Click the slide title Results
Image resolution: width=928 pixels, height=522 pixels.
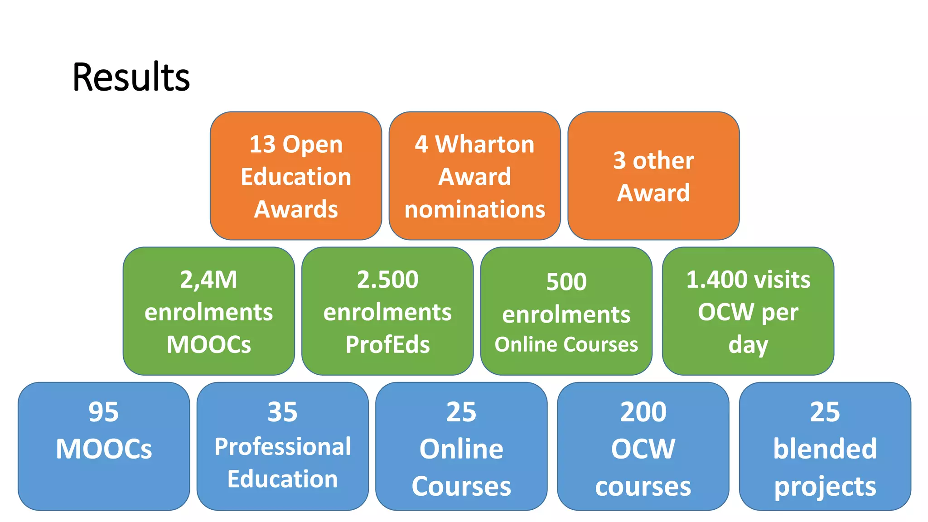pos(131,77)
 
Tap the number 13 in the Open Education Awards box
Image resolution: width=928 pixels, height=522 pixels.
pos(262,145)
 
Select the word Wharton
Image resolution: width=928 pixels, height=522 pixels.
pos(484,145)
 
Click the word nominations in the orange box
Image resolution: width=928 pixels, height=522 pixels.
pos(474,209)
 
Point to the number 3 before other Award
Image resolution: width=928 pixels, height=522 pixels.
pos(619,160)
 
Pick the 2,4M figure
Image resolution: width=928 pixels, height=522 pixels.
pos(208,280)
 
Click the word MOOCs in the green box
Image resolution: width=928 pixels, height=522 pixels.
pos(208,344)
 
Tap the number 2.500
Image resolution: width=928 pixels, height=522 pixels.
pos(387,280)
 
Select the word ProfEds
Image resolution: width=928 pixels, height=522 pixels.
pos(387,344)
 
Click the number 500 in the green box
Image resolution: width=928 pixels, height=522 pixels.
pos(566,282)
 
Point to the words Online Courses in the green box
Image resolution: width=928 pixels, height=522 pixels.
pos(566,345)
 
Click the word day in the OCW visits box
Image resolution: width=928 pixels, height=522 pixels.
pos(748,345)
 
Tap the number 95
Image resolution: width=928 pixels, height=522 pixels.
pos(104,412)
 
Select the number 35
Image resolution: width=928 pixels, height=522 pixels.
pos(282,412)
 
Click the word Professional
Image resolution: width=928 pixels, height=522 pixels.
pos(282,447)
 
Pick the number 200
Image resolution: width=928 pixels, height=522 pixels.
pos(643,412)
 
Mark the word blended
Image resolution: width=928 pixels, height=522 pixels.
pos(825,449)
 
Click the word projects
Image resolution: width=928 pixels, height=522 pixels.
pos(825,487)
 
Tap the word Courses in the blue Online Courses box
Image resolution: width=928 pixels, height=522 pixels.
pos(461,486)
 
